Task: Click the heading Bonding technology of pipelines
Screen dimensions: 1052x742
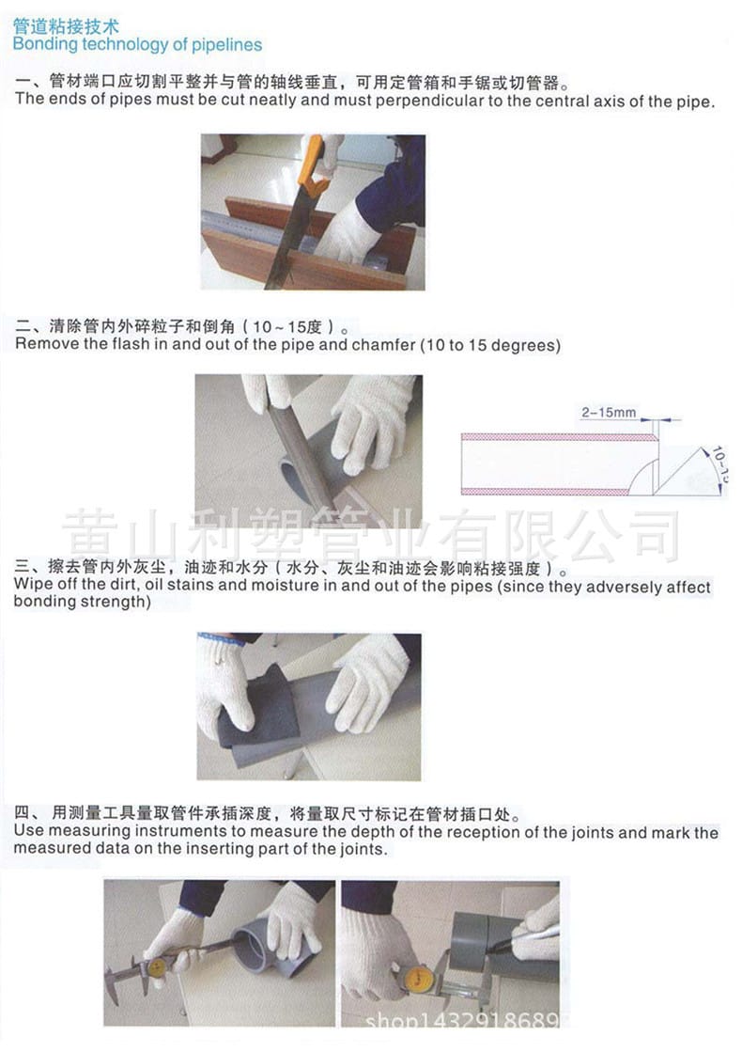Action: click(137, 44)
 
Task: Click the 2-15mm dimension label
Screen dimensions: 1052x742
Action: click(609, 412)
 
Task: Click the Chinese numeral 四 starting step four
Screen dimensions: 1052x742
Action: click(23, 814)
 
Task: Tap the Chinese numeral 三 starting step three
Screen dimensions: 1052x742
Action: click(23, 569)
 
